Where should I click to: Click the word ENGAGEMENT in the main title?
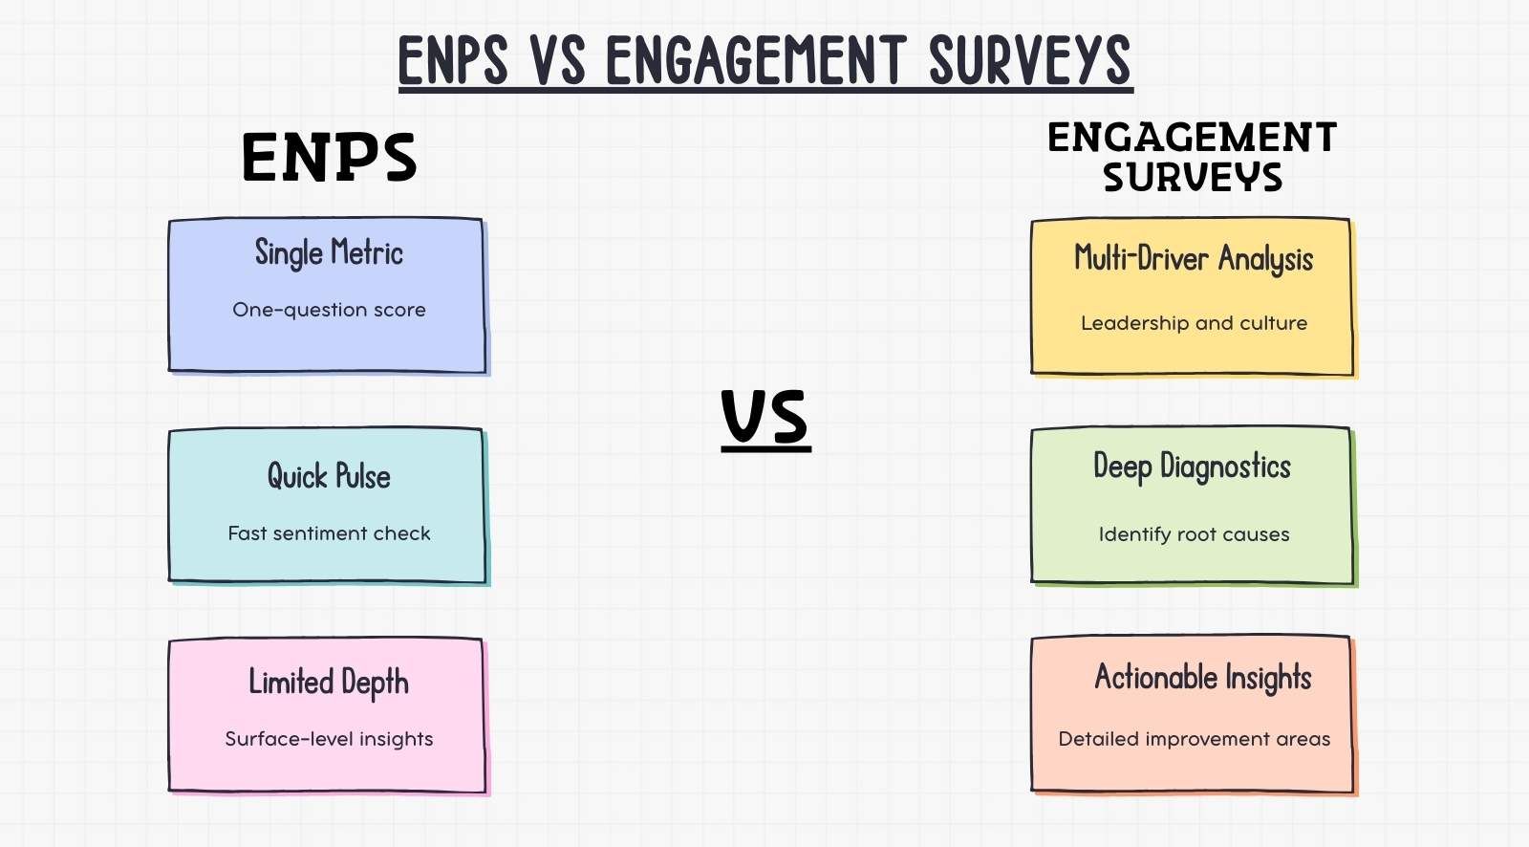[x=756, y=60]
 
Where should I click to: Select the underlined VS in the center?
[x=765, y=418]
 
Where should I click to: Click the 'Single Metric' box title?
[x=329, y=252]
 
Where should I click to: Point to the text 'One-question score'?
[x=329, y=310]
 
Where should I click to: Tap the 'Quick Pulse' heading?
[x=329, y=476]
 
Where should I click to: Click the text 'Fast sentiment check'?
[x=329, y=532]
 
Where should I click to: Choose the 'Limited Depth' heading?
[x=329, y=683]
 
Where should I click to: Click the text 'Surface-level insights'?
[x=329, y=738]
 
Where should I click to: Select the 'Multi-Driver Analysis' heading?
[x=1194, y=259]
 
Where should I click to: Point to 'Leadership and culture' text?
[x=1194, y=323]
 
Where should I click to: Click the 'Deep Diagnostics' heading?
[x=1193, y=467]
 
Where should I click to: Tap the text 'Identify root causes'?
[x=1194, y=534]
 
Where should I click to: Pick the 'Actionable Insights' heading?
[x=1203, y=679]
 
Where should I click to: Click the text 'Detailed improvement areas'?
[x=1195, y=739]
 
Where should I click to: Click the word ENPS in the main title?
[x=453, y=60]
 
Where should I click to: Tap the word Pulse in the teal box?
[x=363, y=476]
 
